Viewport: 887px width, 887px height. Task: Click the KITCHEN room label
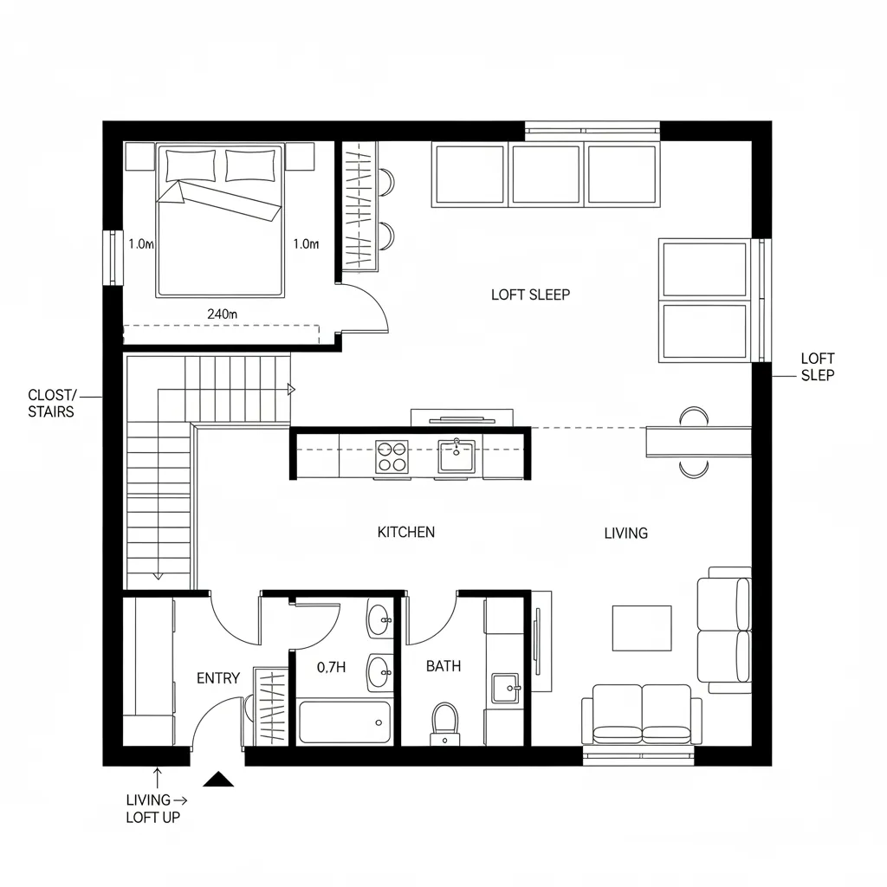pos(406,532)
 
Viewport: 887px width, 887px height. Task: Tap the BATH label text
pos(443,666)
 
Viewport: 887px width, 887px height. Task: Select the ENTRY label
pos(217,678)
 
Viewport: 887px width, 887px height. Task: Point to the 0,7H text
pos(332,667)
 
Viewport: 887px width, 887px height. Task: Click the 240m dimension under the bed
pos(222,314)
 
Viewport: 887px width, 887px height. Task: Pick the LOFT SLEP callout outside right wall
pos(818,366)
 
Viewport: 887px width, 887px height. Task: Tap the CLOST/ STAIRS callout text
pos(51,404)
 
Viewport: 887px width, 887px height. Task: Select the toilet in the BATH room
pos(444,722)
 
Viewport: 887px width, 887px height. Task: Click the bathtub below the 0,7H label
pos(344,722)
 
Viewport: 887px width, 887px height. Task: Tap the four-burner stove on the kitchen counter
pos(392,456)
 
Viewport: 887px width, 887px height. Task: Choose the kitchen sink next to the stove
pos(456,456)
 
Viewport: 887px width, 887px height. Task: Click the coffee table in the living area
pos(642,628)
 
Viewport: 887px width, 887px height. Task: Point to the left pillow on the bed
pos(191,164)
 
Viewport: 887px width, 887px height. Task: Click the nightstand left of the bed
pos(139,157)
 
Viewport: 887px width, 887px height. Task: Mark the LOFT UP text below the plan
pos(153,817)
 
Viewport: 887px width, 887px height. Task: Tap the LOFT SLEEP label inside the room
pos(530,295)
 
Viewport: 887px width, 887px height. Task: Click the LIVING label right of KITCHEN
pos(625,534)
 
